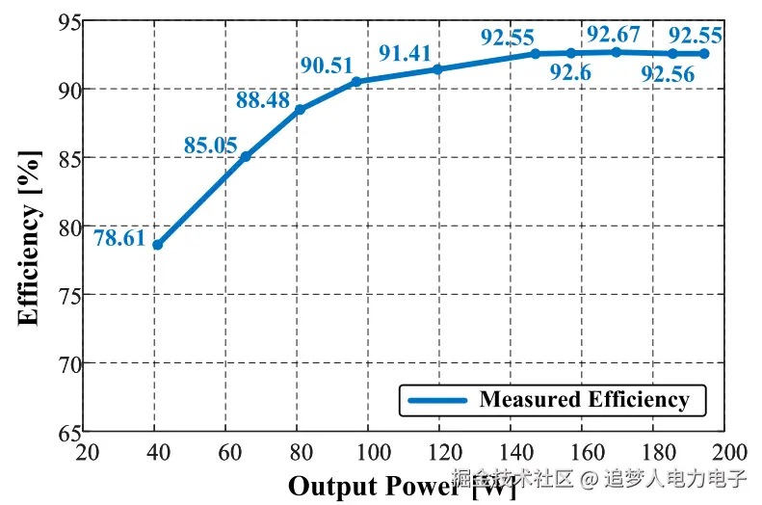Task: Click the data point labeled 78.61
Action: pyautogui.click(x=157, y=245)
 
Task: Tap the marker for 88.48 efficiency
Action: pyautogui.click(x=300, y=110)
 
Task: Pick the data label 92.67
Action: pyautogui.click(x=614, y=36)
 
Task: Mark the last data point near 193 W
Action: pyautogui.click(x=704, y=54)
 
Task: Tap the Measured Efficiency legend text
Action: pyautogui.click(x=584, y=399)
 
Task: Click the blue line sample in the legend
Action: pyautogui.click(x=437, y=400)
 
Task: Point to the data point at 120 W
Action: pyautogui.click(x=437, y=69)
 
